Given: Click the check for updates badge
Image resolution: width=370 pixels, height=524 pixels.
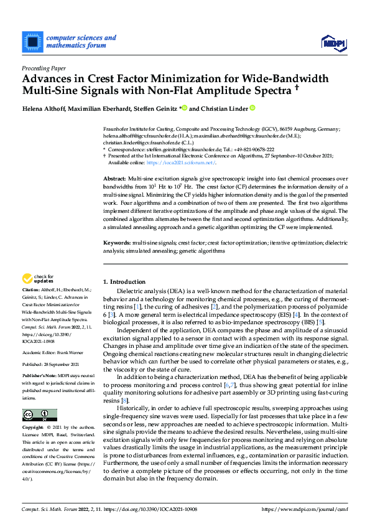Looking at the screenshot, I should [x=37, y=279].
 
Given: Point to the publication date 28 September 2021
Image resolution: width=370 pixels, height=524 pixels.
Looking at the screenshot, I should [x=64, y=364].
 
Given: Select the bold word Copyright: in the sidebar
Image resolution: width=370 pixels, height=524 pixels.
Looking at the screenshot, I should [x=34, y=429].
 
